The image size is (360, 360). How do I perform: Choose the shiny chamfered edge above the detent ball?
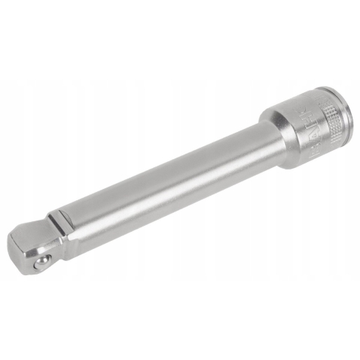(x=39, y=248)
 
